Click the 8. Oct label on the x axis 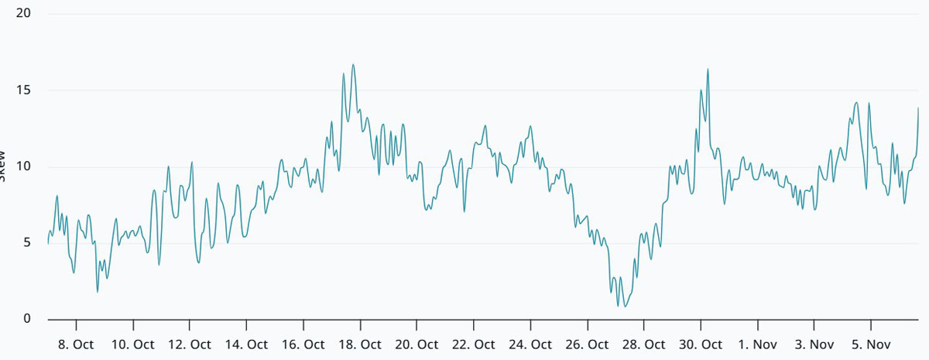77,345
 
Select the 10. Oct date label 133,345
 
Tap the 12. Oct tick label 190,345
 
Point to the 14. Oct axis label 246,345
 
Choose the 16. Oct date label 303,345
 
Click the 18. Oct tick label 360,345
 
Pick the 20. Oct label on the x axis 417,345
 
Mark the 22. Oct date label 474,345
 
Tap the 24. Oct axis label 530,345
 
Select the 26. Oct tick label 587,345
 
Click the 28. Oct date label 644,345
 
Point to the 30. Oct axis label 701,345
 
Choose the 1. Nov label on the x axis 757,345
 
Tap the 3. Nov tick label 814,345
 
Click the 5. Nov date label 871,345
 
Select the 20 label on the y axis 22,14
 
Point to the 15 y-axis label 22,91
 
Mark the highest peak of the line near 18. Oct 353,65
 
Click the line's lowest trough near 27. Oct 625,307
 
